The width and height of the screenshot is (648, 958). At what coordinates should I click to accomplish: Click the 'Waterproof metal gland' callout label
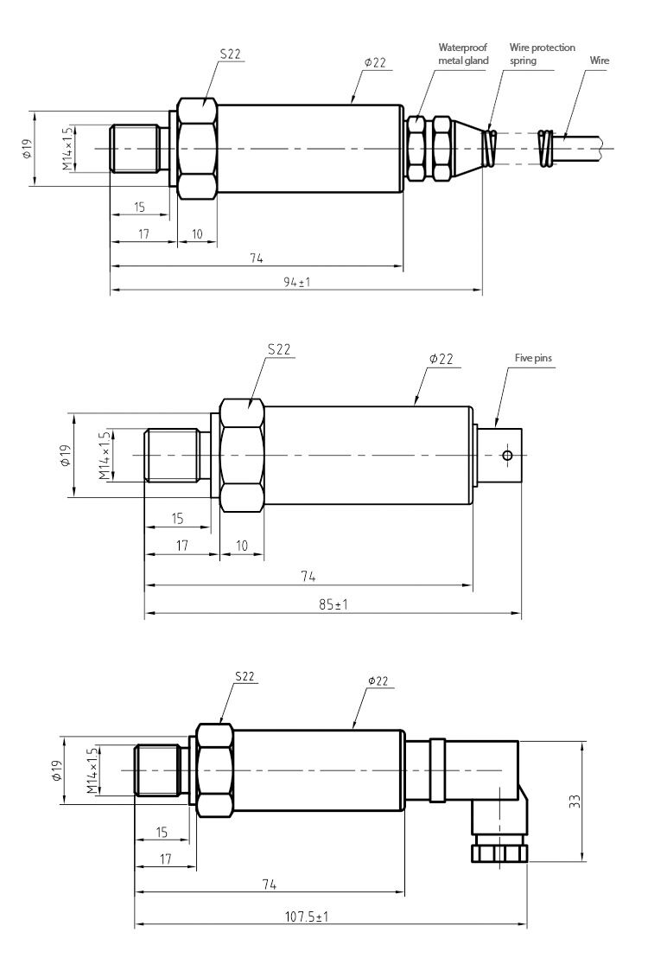click(x=463, y=54)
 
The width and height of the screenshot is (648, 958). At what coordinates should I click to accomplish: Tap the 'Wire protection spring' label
click(x=542, y=54)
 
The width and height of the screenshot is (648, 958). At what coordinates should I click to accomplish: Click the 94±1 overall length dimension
click(x=297, y=283)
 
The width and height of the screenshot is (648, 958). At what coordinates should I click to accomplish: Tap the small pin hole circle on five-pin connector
click(x=507, y=456)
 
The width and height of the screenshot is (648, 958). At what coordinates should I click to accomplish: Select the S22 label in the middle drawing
click(x=279, y=349)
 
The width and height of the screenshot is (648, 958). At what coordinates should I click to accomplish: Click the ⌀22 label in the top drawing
click(x=375, y=62)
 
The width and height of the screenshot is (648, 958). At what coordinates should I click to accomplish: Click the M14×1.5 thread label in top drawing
click(x=67, y=148)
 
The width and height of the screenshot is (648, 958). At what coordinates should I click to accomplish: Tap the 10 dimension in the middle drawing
click(x=243, y=546)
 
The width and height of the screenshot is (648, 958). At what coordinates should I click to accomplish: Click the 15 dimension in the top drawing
click(x=139, y=208)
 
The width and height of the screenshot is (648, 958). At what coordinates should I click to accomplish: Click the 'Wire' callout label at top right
click(x=598, y=61)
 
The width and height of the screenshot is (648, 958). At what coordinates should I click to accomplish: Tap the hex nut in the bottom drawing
click(x=214, y=770)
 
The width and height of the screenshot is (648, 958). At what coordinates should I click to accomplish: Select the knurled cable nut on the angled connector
click(x=499, y=852)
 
